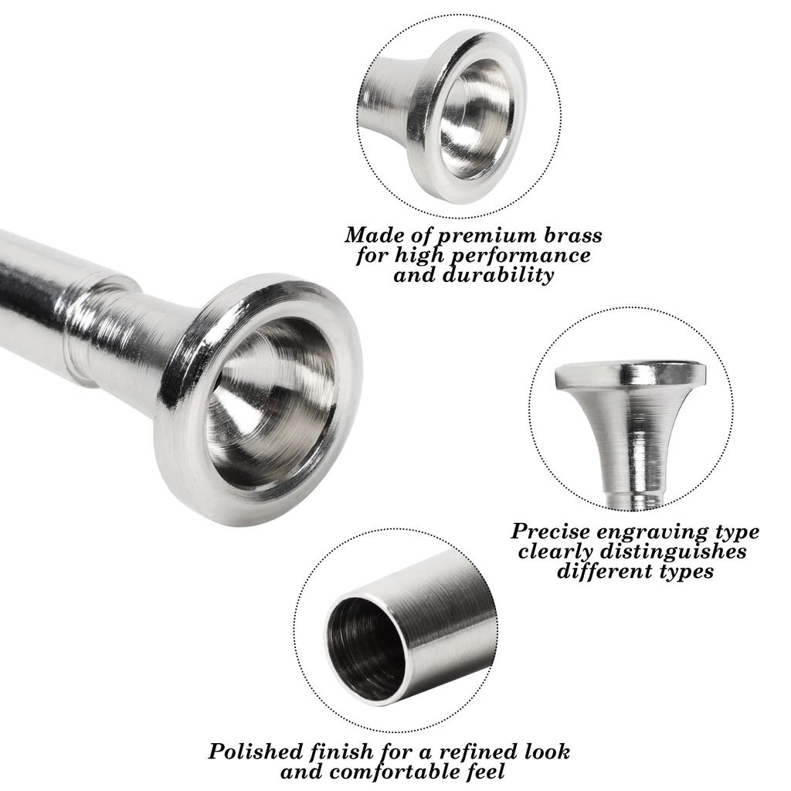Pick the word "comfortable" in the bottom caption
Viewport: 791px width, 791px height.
point(402,772)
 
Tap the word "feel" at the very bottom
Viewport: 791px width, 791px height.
point(484,771)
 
